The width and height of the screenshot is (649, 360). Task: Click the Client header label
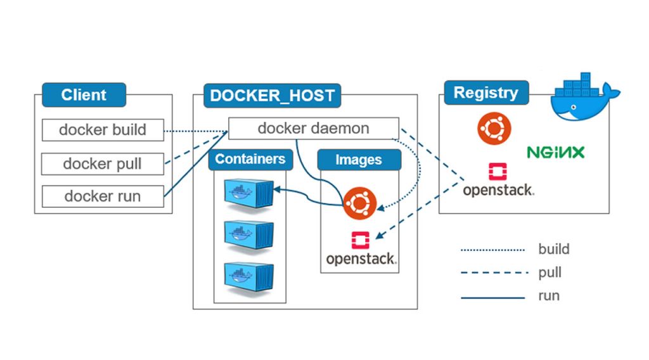pos(84,95)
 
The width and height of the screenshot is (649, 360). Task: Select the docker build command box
pos(103,130)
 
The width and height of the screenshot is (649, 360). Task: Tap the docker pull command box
pos(103,164)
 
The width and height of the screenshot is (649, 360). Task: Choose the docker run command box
pos(103,196)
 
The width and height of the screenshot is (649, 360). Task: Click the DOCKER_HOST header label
pos(272,96)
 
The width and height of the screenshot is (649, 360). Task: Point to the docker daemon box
pos(313,129)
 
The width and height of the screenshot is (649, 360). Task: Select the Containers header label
pos(250,159)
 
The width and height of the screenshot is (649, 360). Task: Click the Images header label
pos(359,160)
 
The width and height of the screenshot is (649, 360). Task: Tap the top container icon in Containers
pos(248,191)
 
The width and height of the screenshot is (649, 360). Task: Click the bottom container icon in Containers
pos(248,274)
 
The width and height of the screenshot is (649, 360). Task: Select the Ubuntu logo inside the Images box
pos(359,203)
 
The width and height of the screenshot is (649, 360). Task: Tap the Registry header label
pos(485,93)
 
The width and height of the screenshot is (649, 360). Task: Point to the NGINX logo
pos(555,152)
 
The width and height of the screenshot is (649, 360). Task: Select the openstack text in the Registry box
pos(498,190)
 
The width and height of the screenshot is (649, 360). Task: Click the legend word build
pos(553,249)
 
